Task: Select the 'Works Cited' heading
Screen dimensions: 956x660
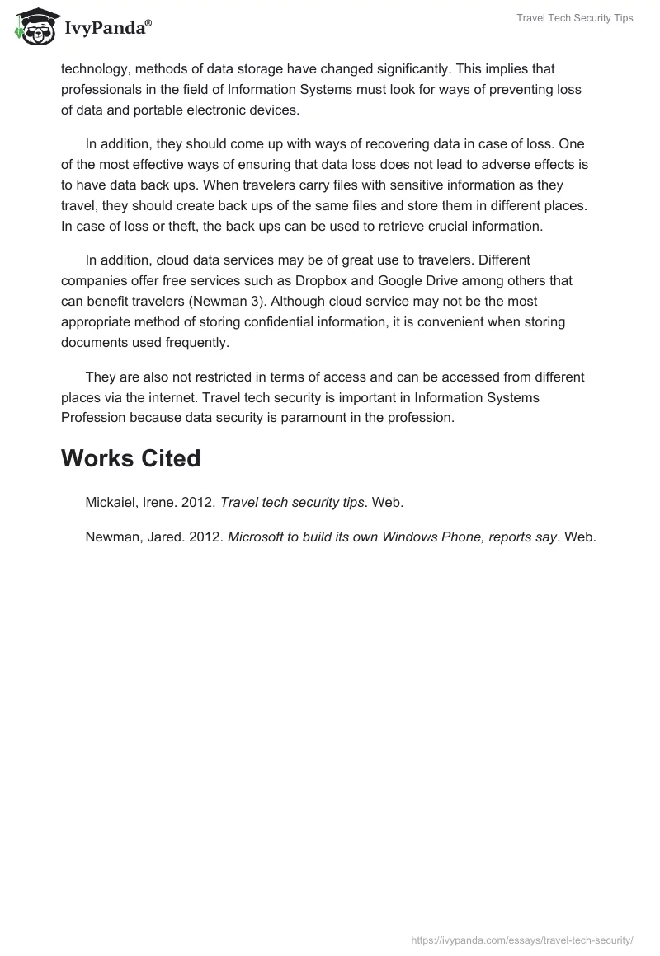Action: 130,458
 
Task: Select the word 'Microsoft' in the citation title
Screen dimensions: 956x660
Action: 257,537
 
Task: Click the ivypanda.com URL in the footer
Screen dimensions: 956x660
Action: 522,939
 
